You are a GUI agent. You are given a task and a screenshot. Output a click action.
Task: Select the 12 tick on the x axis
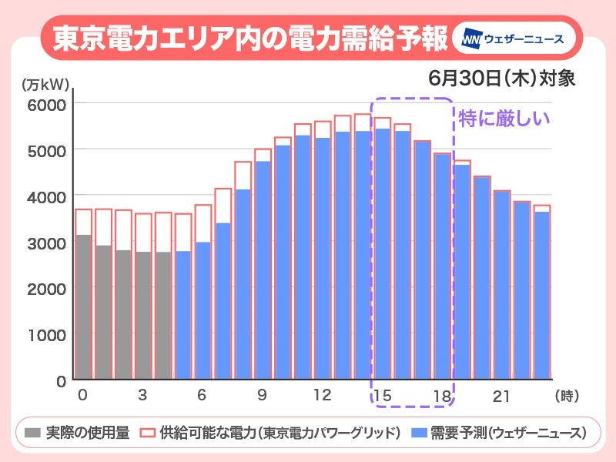coord(323,396)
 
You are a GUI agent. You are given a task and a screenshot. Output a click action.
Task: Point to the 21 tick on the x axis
coord(502,396)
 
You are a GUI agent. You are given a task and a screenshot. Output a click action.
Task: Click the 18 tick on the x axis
coord(442,396)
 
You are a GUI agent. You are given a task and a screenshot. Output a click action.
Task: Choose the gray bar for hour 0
coord(82,308)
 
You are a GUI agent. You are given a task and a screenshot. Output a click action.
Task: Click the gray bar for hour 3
coord(143,316)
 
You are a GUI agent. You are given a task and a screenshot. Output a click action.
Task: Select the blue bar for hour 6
coord(203,311)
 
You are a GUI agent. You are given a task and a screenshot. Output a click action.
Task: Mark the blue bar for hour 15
coord(383,254)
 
